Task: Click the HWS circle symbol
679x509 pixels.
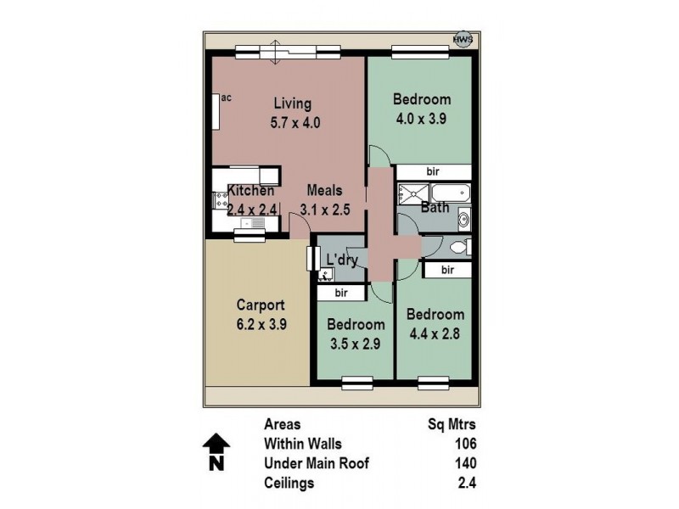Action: (462, 39)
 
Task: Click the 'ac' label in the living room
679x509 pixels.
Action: (227, 98)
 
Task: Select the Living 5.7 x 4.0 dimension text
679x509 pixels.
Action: (295, 122)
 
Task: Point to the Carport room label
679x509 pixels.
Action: (260, 305)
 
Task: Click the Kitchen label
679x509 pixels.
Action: (250, 191)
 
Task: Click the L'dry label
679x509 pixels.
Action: (341, 260)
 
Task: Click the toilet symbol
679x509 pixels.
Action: (459, 248)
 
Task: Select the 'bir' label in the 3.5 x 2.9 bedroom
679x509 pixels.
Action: (342, 293)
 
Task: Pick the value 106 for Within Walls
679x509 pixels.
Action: (465, 444)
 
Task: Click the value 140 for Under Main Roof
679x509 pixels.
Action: (465, 463)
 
